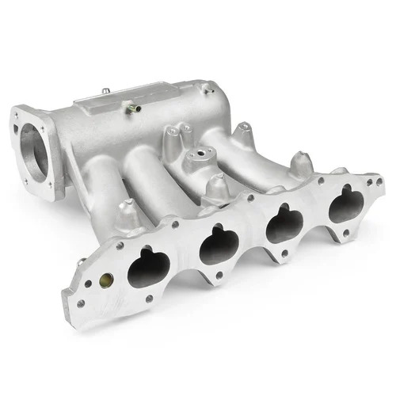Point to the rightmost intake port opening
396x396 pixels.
click(346, 205)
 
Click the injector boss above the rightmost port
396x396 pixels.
click(302, 166)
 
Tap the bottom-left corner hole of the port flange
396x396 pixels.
click(80, 303)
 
